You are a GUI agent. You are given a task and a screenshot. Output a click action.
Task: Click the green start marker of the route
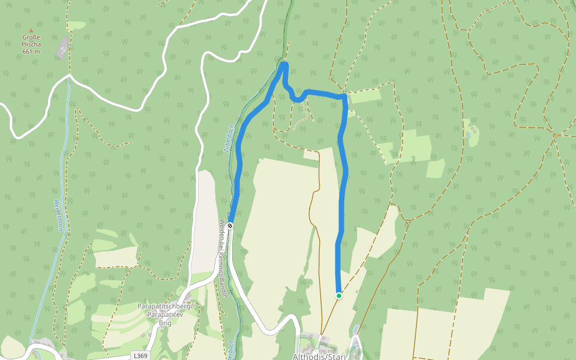tap(339, 295)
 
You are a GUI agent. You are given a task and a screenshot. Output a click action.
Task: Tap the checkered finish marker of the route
tap(230, 226)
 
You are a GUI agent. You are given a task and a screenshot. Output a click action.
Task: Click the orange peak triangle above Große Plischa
tap(31, 30)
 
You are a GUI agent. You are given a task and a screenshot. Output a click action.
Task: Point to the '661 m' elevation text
tap(31, 52)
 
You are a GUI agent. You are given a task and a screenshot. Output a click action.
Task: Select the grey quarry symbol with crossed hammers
tap(62, 48)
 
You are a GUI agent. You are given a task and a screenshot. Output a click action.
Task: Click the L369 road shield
tap(140, 356)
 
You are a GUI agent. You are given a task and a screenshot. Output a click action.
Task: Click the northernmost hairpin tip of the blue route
tap(284, 64)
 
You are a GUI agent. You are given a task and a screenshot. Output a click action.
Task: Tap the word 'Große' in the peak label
tap(31, 37)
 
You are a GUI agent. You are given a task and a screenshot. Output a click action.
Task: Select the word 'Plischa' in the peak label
tap(31, 44)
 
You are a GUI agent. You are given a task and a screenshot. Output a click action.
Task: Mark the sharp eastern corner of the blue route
tap(345, 96)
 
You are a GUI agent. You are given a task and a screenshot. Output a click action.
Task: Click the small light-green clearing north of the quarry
tap(76, 26)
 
